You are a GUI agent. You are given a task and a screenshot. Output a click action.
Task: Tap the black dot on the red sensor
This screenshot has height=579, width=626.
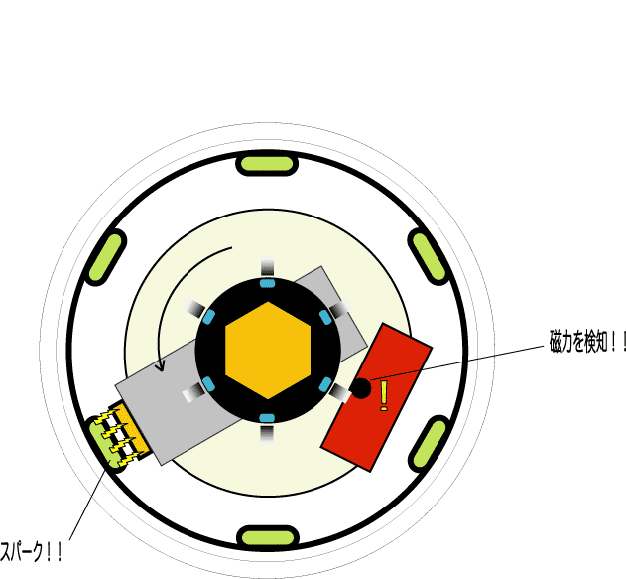(362, 389)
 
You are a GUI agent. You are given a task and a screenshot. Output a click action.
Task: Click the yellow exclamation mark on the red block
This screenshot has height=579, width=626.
(384, 395)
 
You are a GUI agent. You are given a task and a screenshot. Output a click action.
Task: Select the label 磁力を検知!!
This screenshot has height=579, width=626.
(588, 343)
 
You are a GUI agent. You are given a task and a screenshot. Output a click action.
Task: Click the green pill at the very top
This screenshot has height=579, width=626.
(267, 163)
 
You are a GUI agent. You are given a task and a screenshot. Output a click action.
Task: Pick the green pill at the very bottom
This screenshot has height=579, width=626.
(268, 537)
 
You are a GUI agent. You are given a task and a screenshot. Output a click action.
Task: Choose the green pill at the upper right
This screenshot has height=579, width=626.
(430, 256)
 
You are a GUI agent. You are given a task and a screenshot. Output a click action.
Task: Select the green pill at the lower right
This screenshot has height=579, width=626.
(430, 444)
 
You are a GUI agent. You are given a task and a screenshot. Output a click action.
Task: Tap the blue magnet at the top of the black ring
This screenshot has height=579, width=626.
(267, 283)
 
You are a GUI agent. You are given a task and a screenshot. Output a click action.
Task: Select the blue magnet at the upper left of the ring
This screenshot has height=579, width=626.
(209, 317)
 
